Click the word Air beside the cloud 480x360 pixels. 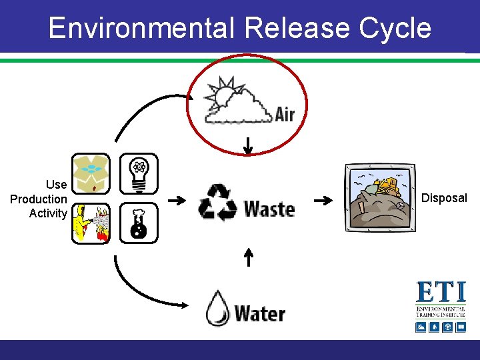click(285, 114)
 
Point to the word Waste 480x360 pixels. click(269, 209)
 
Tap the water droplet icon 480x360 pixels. click(218, 308)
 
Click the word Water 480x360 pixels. click(260, 313)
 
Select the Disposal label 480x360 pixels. click(445, 198)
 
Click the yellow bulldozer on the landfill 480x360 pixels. click(386, 185)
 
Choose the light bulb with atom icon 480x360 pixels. click(139, 173)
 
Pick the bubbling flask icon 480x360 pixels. click(139, 223)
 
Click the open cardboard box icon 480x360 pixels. click(90, 173)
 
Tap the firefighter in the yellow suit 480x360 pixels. click(82, 223)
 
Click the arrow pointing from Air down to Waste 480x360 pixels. click(247, 145)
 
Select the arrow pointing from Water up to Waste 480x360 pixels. click(248, 257)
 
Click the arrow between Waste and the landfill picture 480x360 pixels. click(323, 200)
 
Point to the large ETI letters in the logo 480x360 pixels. click(440, 293)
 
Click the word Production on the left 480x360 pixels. click(39, 199)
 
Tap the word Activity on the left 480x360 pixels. click(48, 213)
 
